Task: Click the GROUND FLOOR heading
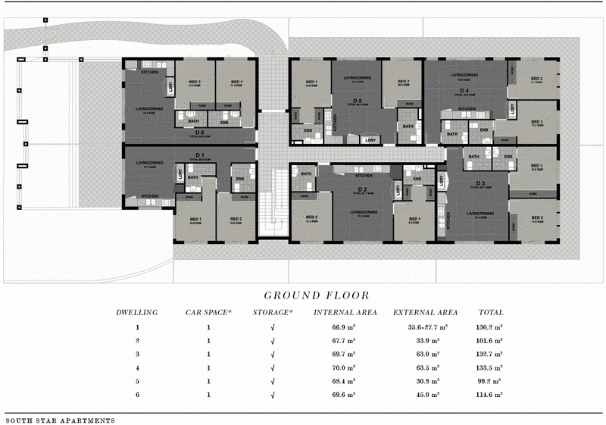(x=317, y=295)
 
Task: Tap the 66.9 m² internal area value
(x=345, y=327)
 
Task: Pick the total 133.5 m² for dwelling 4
(x=490, y=368)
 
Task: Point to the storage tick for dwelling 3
(x=273, y=355)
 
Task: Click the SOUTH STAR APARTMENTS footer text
(x=60, y=419)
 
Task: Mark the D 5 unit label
(x=356, y=100)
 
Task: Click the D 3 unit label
(x=479, y=183)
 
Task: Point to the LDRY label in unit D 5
(x=370, y=139)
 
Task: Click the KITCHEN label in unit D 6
(x=149, y=72)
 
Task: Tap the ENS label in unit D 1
(x=239, y=179)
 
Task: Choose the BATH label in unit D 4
(x=452, y=134)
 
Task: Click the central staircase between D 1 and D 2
(x=273, y=202)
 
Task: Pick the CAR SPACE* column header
(x=208, y=312)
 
